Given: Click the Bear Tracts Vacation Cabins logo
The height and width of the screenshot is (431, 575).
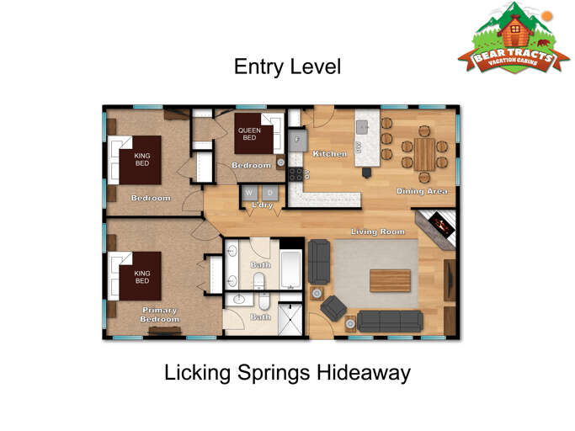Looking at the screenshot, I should pyautogui.click(x=513, y=40).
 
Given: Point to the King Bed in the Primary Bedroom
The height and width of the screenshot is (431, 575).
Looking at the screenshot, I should pyautogui.click(x=135, y=276).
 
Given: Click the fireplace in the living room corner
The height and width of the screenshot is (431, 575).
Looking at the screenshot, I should pyautogui.click(x=438, y=225).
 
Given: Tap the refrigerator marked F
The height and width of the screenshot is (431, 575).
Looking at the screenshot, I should pyautogui.click(x=296, y=138).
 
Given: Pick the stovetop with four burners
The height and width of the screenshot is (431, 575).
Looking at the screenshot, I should pyautogui.click(x=296, y=174).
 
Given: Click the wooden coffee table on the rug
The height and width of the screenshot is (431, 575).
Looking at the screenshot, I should pyautogui.click(x=390, y=280).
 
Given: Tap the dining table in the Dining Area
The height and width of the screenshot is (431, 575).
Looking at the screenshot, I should pyautogui.click(x=424, y=153).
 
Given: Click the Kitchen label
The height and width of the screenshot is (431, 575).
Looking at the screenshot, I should pyautogui.click(x=330, y=155).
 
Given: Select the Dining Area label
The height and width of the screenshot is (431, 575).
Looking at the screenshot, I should pyautogui.click(x=422, y=192).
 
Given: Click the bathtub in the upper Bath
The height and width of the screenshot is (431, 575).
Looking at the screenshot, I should pyautogui.click(x=290, y=269).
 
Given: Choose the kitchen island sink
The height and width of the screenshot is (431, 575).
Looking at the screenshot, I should pyautogui.click(x=361, y=126).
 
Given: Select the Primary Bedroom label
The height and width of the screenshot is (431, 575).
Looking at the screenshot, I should pyautogui.click(x=160, y=315).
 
